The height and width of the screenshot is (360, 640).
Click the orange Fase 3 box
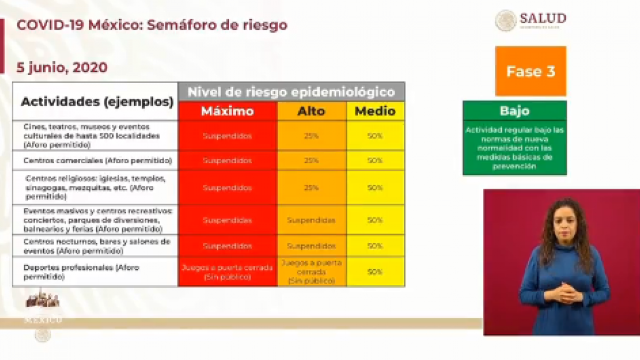[531, 71]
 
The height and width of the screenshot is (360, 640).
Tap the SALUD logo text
[542, 19]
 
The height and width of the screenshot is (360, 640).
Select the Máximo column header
[227, 111]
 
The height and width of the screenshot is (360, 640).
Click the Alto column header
[312, 111]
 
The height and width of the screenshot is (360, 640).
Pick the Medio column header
[375, 111]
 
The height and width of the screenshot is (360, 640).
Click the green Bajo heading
[514, 111]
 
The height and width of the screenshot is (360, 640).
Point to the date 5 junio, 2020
[62, 67]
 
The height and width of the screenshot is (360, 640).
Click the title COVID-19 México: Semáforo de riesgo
[152, 25]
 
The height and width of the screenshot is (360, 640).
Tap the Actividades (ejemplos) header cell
[97, 102]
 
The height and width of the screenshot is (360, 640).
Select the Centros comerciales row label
[97, 161]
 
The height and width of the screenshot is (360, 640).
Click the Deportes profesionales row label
[81, 272]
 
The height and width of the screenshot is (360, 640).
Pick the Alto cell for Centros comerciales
[312, 161]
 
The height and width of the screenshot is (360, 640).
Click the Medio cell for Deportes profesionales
[375, 272]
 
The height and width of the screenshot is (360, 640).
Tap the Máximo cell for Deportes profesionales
[227, 272]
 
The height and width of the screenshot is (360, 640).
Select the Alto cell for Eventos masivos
[312, 220]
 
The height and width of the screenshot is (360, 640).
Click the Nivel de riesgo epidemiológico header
[291, 92]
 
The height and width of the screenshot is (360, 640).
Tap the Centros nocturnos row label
[97, 245]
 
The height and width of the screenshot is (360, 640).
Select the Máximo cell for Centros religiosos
[227, 188]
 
